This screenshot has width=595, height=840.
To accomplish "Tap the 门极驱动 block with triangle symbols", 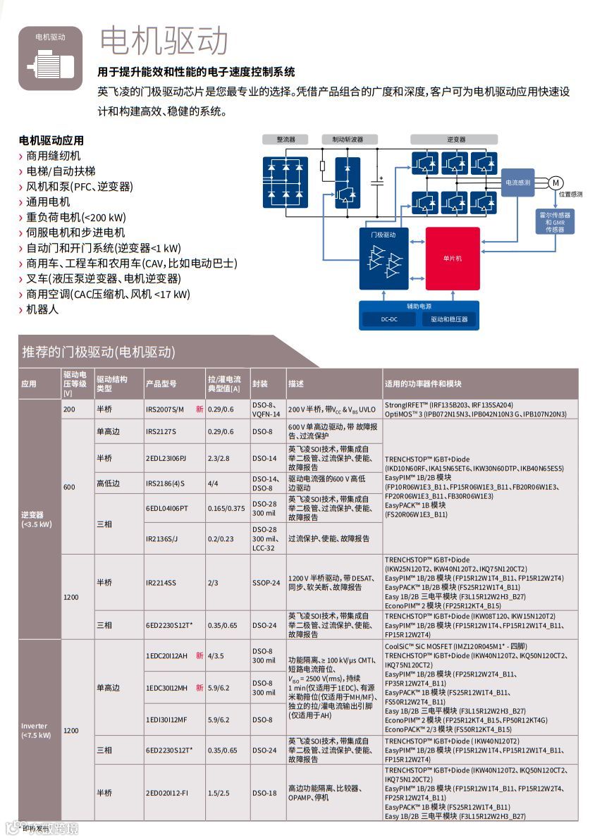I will [384, 259].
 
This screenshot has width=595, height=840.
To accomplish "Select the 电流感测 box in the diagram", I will [517, 182].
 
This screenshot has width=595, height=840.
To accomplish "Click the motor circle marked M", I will [555, 183].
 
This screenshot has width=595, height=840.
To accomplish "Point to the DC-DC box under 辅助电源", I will [389, 319].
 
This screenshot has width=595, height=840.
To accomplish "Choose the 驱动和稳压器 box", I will [449, 319].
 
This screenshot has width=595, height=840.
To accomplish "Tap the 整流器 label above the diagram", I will [286, 140].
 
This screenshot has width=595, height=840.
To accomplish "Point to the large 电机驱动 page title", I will [164, 41].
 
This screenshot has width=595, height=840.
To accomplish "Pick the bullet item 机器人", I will [42, 309].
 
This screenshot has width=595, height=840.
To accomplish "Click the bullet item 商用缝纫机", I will [54, 156].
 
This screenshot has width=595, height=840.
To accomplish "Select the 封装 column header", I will [260, 384].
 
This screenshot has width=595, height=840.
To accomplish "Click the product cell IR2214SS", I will [161, 583].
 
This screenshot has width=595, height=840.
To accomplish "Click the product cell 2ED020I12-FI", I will [167, 793].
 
